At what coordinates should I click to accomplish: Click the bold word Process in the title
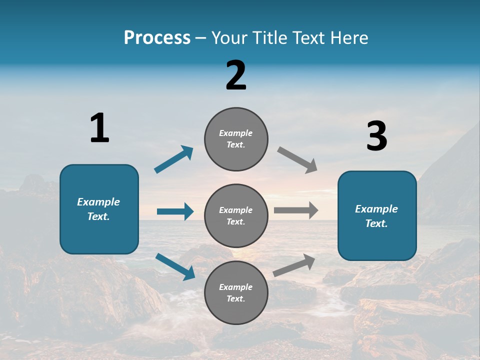click(157, 38)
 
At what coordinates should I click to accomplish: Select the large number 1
click(99, 128)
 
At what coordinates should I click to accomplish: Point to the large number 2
click(236, 75)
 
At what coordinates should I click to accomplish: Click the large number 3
click(376, 136)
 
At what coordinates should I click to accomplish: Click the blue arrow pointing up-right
click(174, 159)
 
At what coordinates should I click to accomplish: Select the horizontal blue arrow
click(175, 211)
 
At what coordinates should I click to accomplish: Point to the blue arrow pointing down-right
click(175, 266)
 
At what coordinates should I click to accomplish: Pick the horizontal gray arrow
click(296, 210)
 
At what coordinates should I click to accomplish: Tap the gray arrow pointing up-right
click(294, 265)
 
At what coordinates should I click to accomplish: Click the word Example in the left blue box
click(98, 202)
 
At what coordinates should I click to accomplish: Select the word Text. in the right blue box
click(376, 223)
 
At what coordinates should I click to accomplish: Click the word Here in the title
click(350, 38)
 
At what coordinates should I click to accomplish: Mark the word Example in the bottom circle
click(236, 287)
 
